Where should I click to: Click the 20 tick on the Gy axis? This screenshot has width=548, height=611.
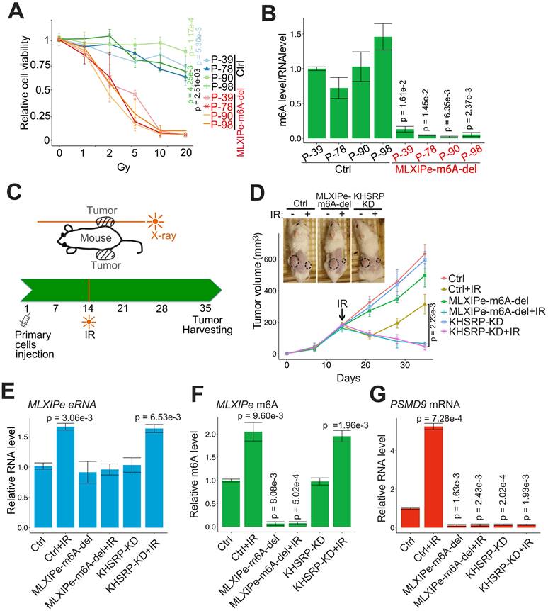click(185, 152)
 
